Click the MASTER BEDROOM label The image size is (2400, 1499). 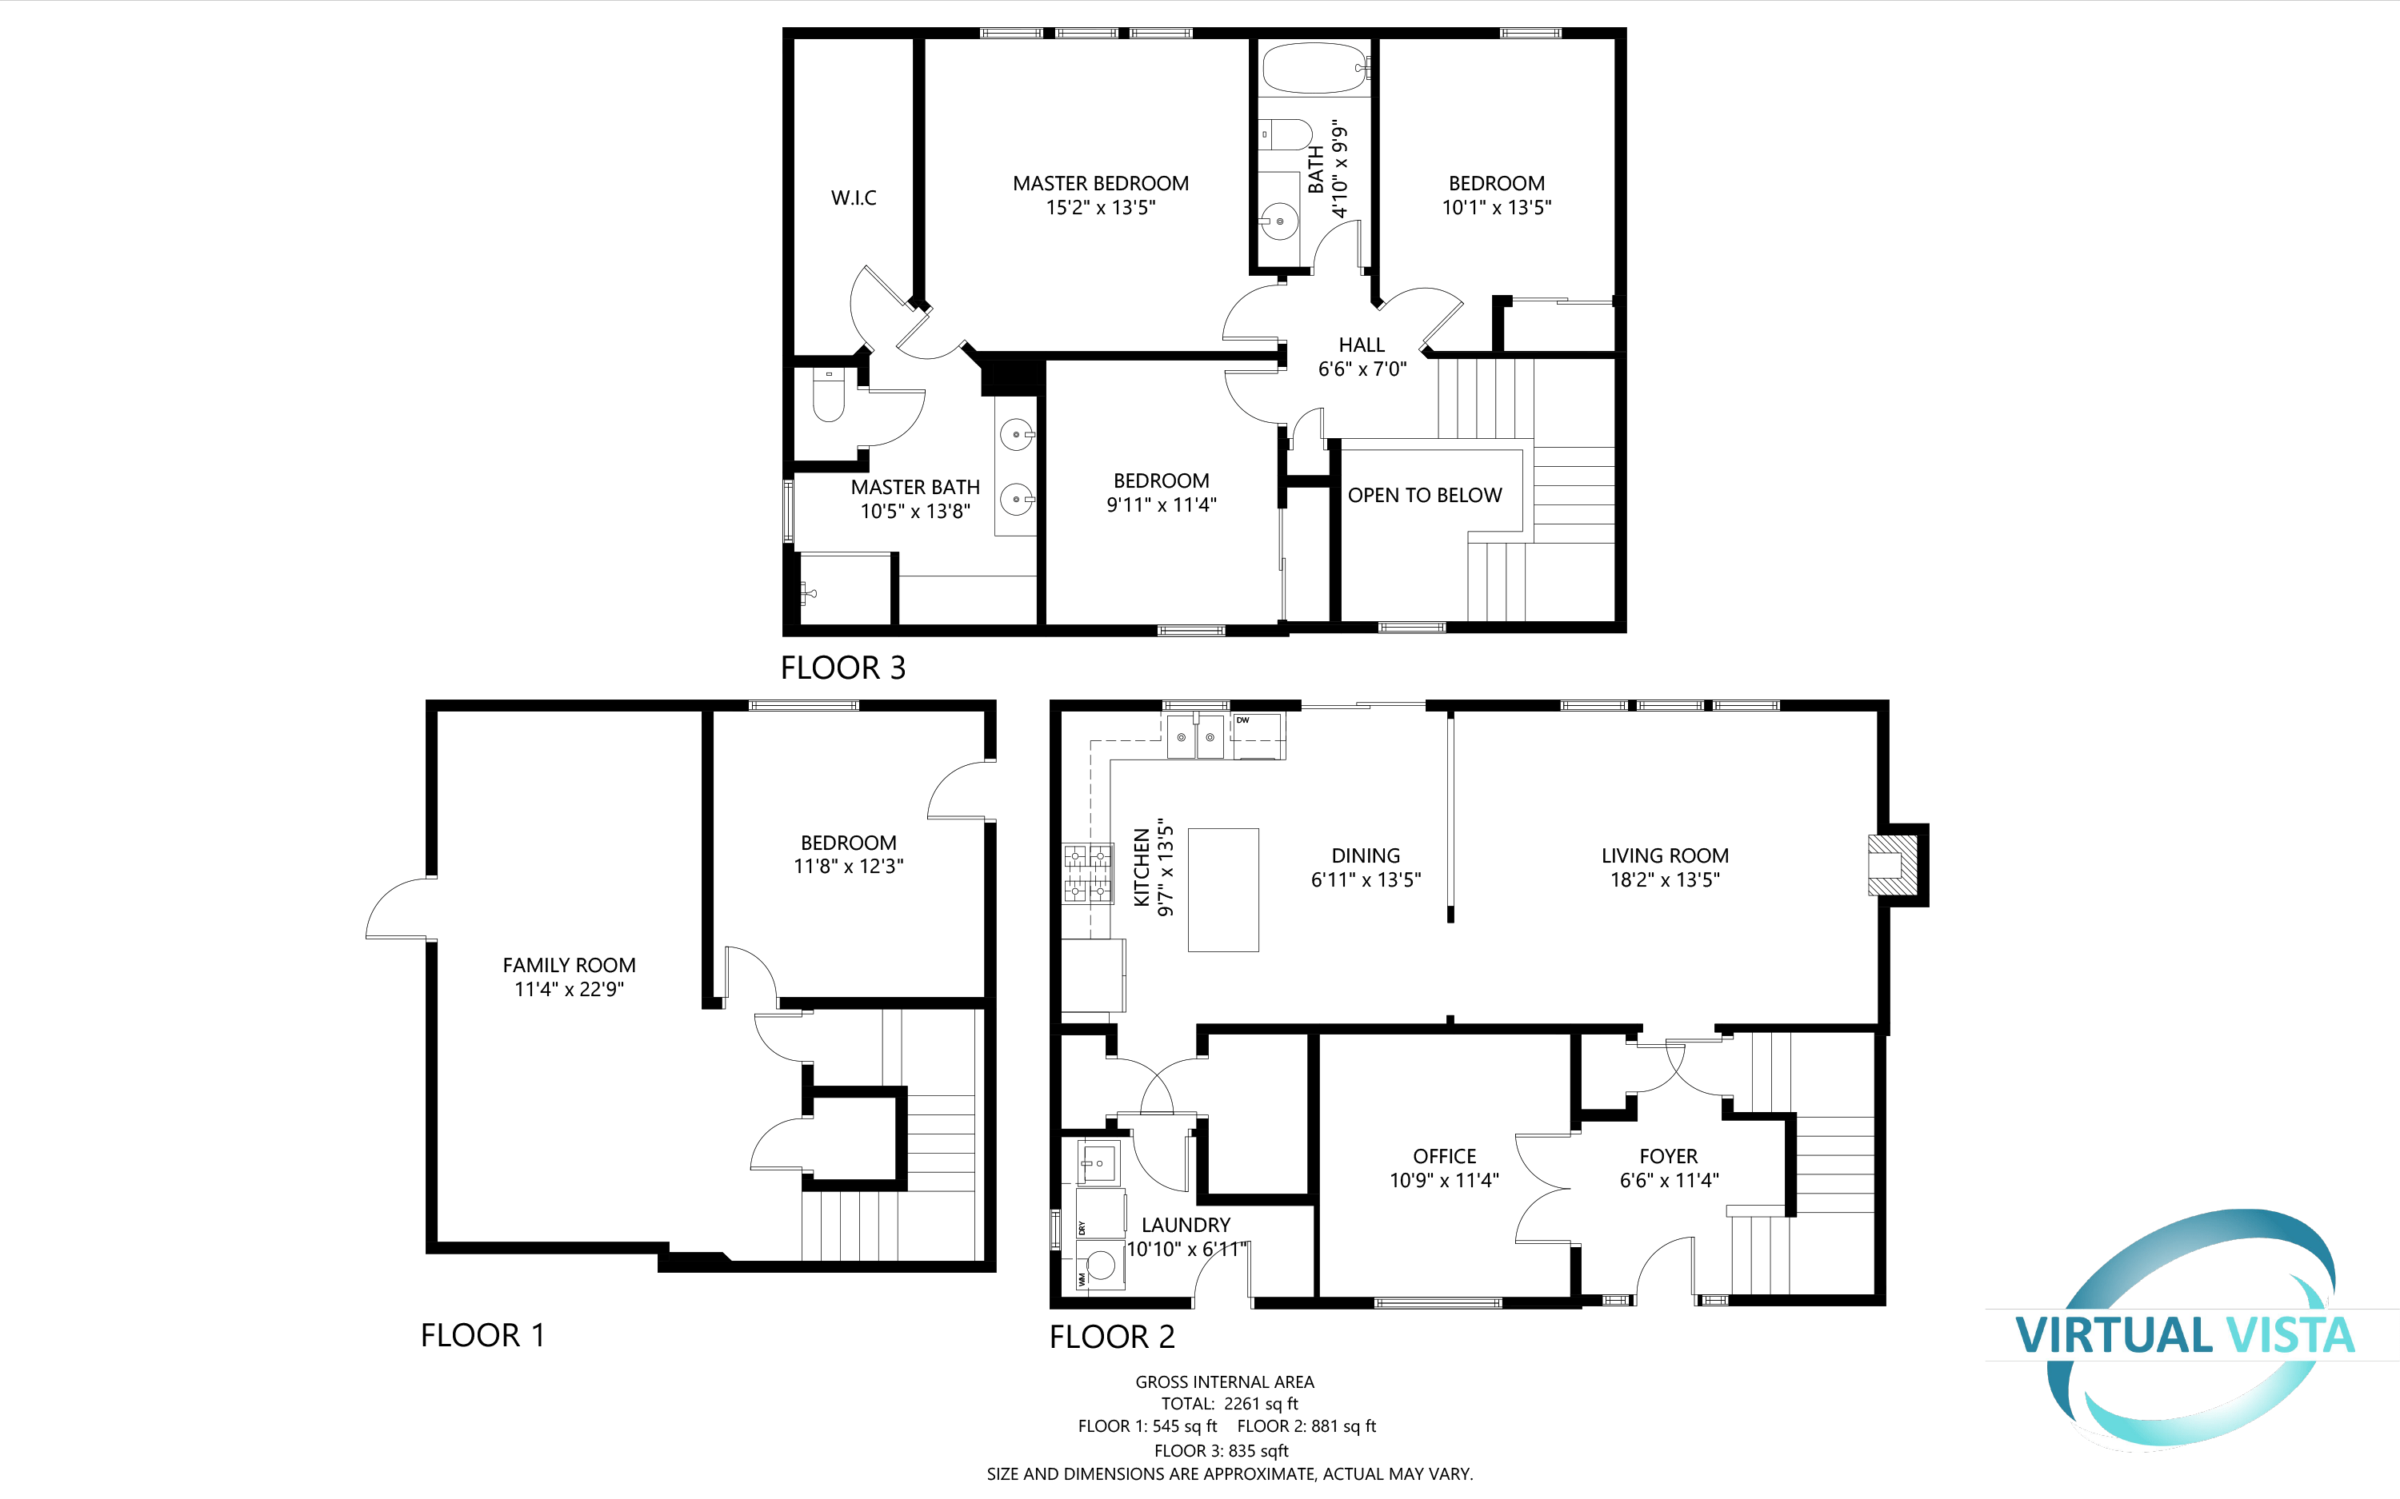[1100, 183]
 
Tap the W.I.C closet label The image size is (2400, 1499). [853, 197]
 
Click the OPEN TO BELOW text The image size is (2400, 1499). [1424, 495]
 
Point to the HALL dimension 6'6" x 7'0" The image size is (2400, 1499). [1362, 369]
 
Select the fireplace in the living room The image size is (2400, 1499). [1894, 864]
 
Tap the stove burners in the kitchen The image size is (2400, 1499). [1087, 874]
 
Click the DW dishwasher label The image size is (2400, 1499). [1242, 721]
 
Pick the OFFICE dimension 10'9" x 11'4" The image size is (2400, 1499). [1444, 1180]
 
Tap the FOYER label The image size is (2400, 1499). [1668, 1156]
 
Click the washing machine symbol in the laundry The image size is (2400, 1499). [1100, 1265]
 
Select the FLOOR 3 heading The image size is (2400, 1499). [843, 668]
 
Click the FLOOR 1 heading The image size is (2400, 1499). [482, 1334]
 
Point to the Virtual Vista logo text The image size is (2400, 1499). [2184, 1334]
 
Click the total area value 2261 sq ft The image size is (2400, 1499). [1261, 1403]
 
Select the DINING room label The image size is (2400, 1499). [1366, 855]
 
